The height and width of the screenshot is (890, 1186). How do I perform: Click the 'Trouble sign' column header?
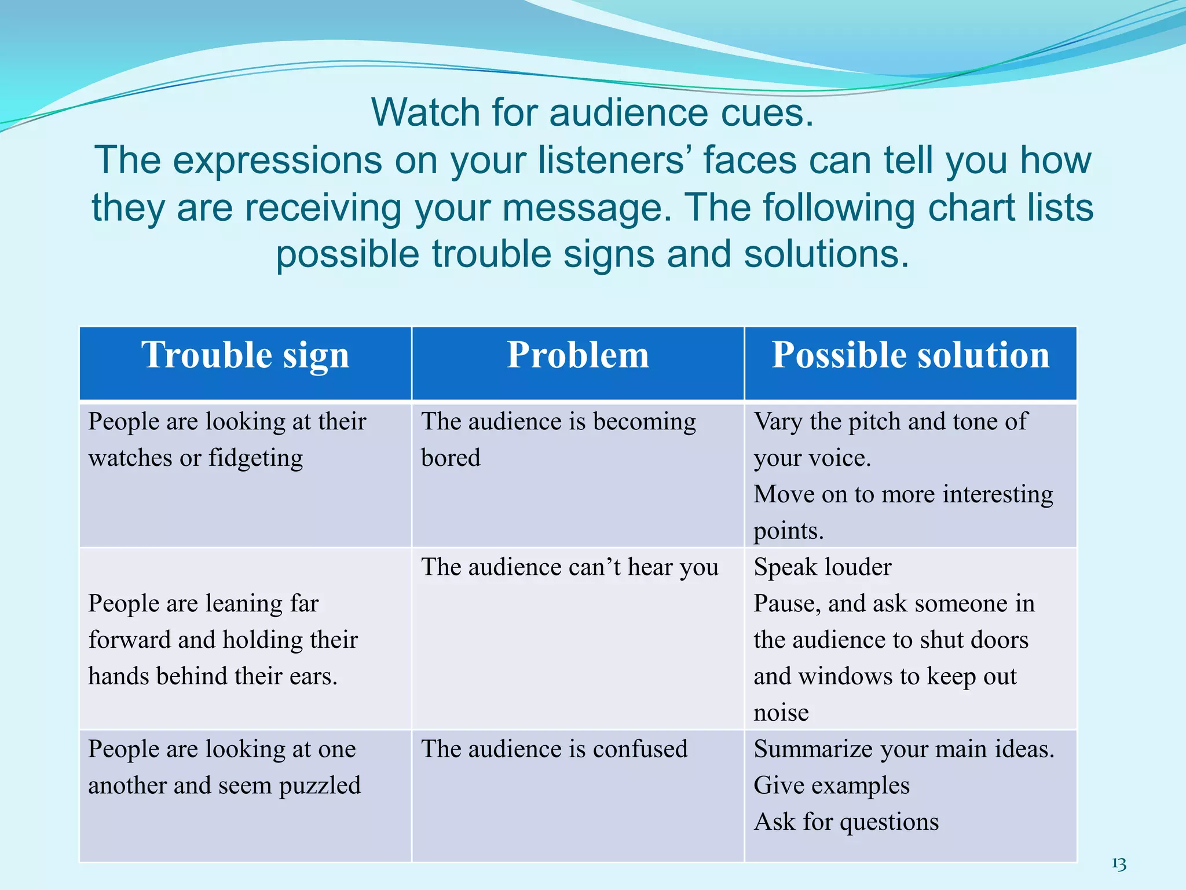coord(245,355)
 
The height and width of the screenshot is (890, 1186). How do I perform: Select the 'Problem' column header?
coord(577,355)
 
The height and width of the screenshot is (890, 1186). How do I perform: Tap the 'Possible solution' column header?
coord(910,355)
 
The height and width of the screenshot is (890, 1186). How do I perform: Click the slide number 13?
coord(1119,865)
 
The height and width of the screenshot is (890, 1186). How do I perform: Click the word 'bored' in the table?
coord(451,458)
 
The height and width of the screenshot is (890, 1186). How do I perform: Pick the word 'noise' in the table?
coord(781,713)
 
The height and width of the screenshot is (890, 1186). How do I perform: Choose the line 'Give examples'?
coord(832,786)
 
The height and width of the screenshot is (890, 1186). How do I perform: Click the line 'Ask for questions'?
coord(846,822)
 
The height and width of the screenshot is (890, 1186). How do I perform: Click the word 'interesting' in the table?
coord(998,495)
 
